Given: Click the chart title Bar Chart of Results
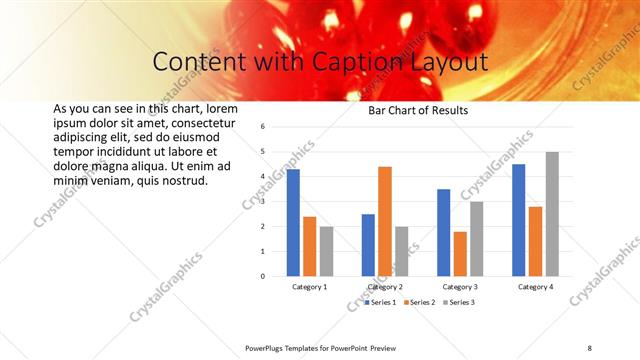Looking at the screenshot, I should pyautogui.click(x=418, y=110).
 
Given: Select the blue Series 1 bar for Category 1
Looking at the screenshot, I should pyautogui.click(x=293, y=222).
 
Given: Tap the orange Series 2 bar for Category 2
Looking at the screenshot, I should pyautogui.click(x=385, y=221).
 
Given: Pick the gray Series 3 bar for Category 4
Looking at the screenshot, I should pyautogui.click(x=552, y=214).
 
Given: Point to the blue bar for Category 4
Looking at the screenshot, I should pyautogui.click(x=519, y=220).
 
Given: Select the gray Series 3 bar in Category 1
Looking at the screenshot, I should pyautogui.click(x=326, y=251).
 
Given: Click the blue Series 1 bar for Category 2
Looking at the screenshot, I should pyautogui.click(x=368, y=245).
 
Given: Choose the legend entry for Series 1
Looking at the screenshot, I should pyautogui.click(x=380, y=302).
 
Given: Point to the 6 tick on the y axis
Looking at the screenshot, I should pyautogui.click(x=261, y=127).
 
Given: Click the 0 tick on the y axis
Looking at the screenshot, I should pyautogui.click(x=261, y=276).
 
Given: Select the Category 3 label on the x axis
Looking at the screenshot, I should pyautogui.click(x=460, y=287).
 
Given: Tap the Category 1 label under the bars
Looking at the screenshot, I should pyautogui.click(x=310, y=287).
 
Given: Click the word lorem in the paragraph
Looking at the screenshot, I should pyautogui.click(x=224, y=108).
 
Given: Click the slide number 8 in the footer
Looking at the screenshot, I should pyautogui.click(x=589, y=347).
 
